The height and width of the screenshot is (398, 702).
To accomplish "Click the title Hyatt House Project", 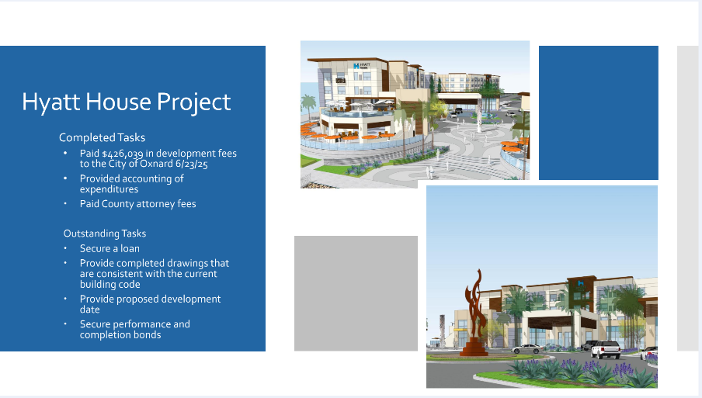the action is tap(127, 102).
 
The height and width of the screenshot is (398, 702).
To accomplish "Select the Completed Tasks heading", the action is tap(102, 137).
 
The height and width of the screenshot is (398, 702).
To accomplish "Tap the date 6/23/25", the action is tap(192, 164).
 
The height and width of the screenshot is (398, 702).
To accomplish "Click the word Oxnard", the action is tap(156, 164).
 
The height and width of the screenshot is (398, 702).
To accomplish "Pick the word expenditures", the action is tap(109, 189).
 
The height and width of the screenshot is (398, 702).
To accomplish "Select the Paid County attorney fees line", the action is tap(138, 204).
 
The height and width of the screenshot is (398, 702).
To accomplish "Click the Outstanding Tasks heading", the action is tap(105, 234).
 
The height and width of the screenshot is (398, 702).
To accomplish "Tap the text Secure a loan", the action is tap(109, 248).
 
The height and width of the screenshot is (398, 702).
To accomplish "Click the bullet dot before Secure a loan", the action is tap(65, 248).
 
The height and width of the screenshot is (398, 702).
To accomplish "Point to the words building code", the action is tap(110, 285).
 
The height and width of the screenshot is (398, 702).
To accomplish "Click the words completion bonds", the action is tap(120, 335).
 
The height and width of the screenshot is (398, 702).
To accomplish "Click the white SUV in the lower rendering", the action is tap(606, 349).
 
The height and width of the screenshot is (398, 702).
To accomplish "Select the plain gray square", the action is tap(356, 293).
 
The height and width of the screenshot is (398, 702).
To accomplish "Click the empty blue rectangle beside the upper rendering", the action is tap(599, 112).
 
